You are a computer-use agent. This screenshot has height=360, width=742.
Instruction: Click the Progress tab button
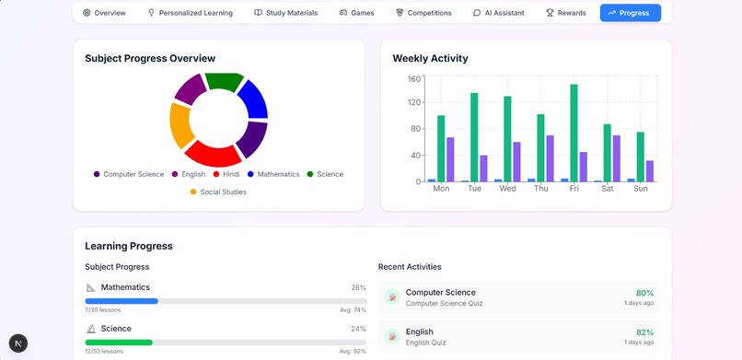pyautogui.click(x=630, y=13)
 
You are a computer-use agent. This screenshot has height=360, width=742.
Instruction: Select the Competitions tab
pyautogui.click(x=423, y=13)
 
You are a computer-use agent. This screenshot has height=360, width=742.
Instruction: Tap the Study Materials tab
pyautogui.click(x=285, y=13)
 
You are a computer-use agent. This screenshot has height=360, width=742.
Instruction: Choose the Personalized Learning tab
pyautogui.click(x=190, y=13)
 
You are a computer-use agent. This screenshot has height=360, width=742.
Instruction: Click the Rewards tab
pyautogui.click(x=565, y=13)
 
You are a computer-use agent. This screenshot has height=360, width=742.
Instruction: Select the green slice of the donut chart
pyautogui.click(x=223, y=81)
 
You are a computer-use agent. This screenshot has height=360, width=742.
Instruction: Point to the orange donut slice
pyautogui.click(x=181, y=126)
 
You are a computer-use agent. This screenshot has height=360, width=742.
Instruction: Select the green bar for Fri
pyautogui.click(x=574, y=134)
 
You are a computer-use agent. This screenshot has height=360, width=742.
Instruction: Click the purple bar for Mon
pyautogui.click(x=450, y=159)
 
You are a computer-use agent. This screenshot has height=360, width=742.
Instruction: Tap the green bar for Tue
pyautogui.click(x=474, y=137)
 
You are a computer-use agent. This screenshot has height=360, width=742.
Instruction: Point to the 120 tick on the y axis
pyautogui.click(x=413, y=103)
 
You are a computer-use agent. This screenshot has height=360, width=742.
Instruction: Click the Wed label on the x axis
pyautogui.click(x=507, y=189)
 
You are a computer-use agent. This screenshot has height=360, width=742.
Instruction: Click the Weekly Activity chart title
pyautogui.click(x=430, y=58)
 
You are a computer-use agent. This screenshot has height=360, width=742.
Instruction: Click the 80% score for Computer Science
pyautogui.click(x=644, y=293)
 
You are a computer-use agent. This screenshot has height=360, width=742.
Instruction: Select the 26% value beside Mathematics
pyautogui.click(x=358, y=287)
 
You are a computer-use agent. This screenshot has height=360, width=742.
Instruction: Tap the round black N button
pyautogui.click(x=18, y=343)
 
